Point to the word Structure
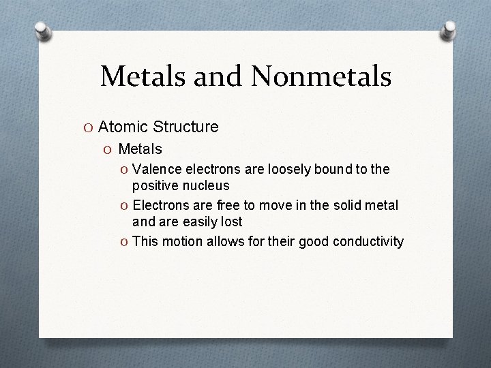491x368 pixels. pos(185,127)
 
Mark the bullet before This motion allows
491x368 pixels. pos(124,242)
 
